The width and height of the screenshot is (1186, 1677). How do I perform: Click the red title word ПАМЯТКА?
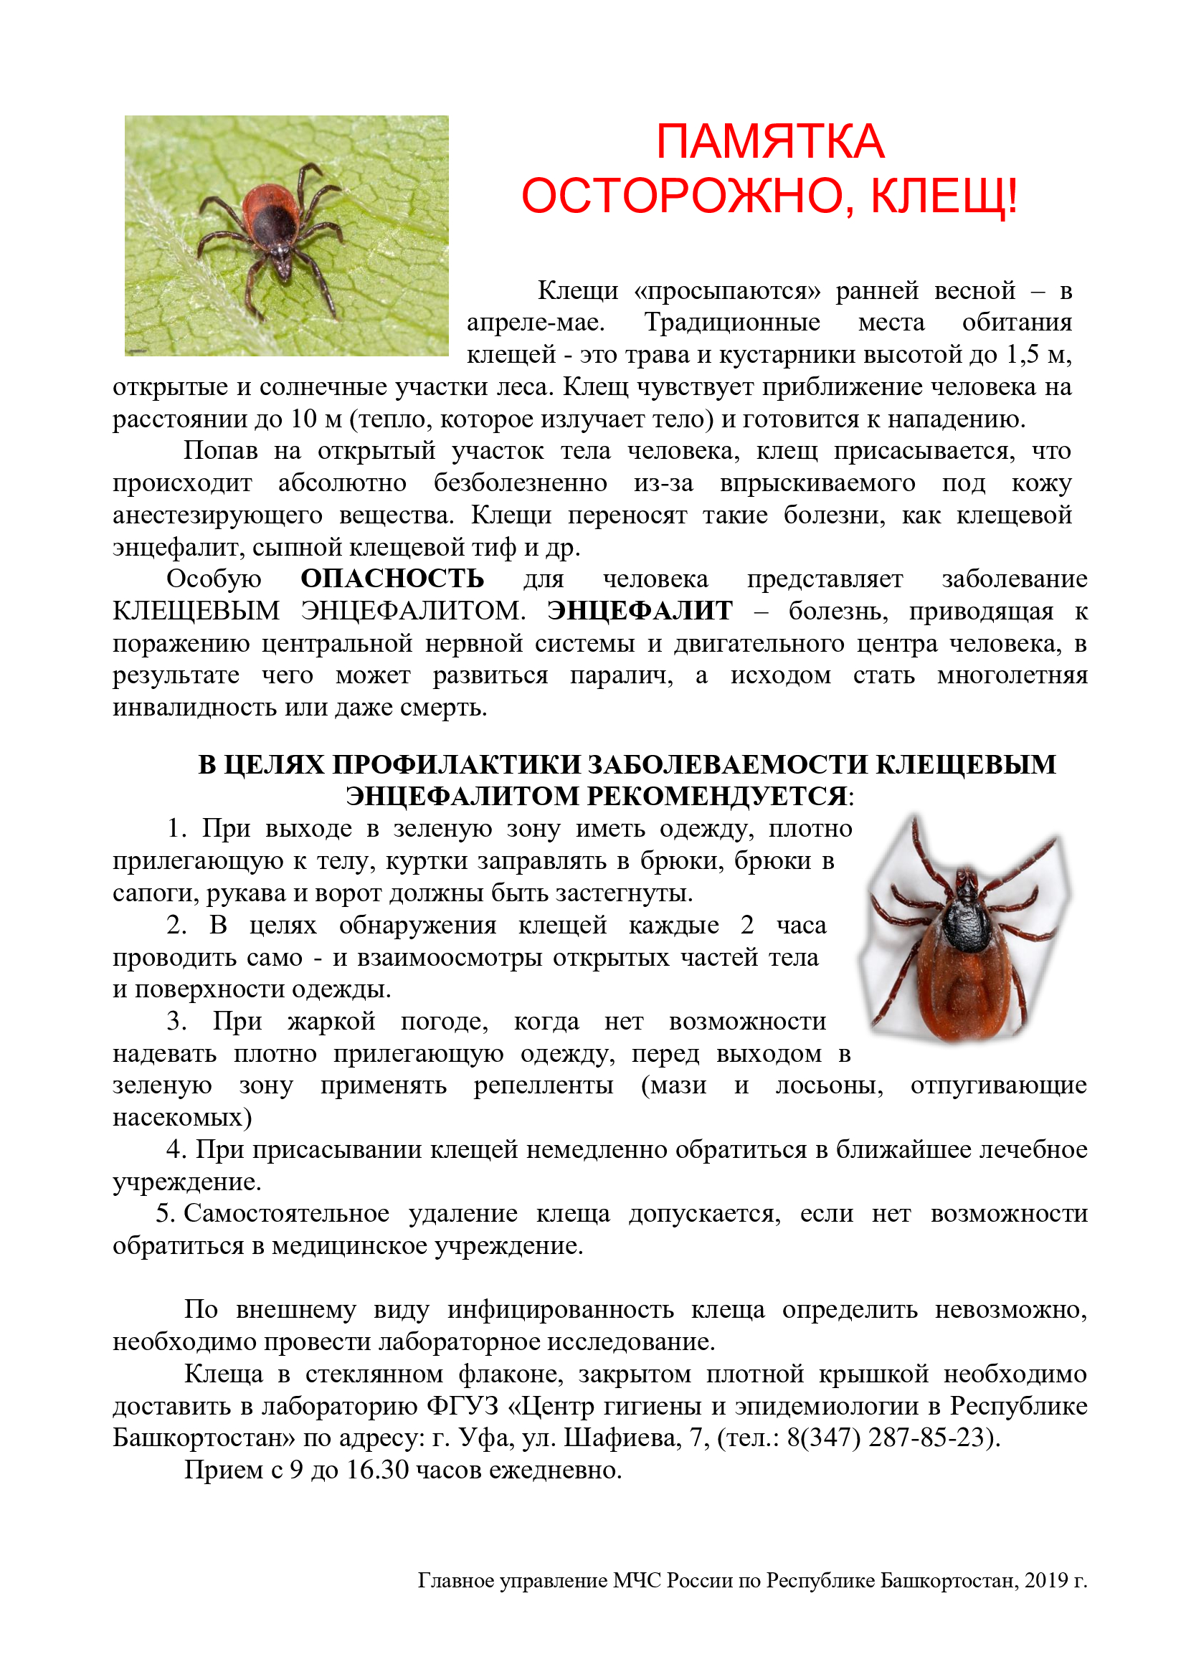[769, 141]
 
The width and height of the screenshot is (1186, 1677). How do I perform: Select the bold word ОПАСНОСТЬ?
[392, 579]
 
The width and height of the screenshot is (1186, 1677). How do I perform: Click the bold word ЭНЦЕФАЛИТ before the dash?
[640, 611]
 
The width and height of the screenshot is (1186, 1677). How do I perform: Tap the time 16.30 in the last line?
[378, 1470]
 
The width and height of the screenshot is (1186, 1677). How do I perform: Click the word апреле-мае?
[536, 322]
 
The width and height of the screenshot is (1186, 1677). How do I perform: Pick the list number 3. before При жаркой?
[176, 1021]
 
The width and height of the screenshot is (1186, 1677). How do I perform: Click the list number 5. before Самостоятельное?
[164, 1213]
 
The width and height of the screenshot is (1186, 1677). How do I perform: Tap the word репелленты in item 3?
[544, 1085]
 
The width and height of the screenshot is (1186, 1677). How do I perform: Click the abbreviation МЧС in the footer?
[636, 1581]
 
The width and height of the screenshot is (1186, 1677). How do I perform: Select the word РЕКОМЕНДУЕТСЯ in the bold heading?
[717, 795]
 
